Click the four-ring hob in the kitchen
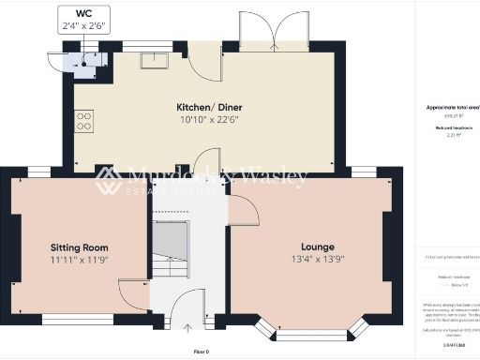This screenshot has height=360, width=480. (x=84, y=120)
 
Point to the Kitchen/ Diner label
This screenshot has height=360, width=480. (x=203, y=107)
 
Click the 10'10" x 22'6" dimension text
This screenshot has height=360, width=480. (x=203, y=120)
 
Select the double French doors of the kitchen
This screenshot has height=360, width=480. (x=273, y=33)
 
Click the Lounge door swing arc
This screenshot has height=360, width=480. (x=244, y=212)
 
